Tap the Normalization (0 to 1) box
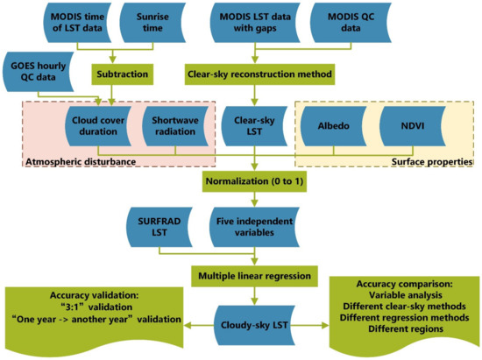coord(254,185)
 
